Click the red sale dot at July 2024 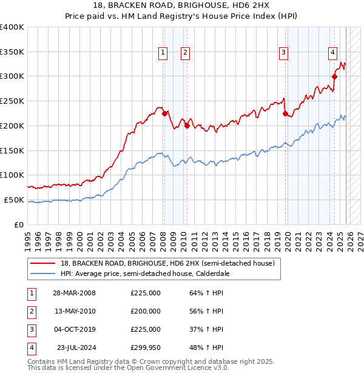[x=334, y=76]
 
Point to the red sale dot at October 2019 [x=285, y=113]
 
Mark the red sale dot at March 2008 [x=164, y=113]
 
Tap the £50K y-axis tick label [x=14, y=200]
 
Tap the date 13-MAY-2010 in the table [x=75, y=311]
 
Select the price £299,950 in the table [x=146, y=347]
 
